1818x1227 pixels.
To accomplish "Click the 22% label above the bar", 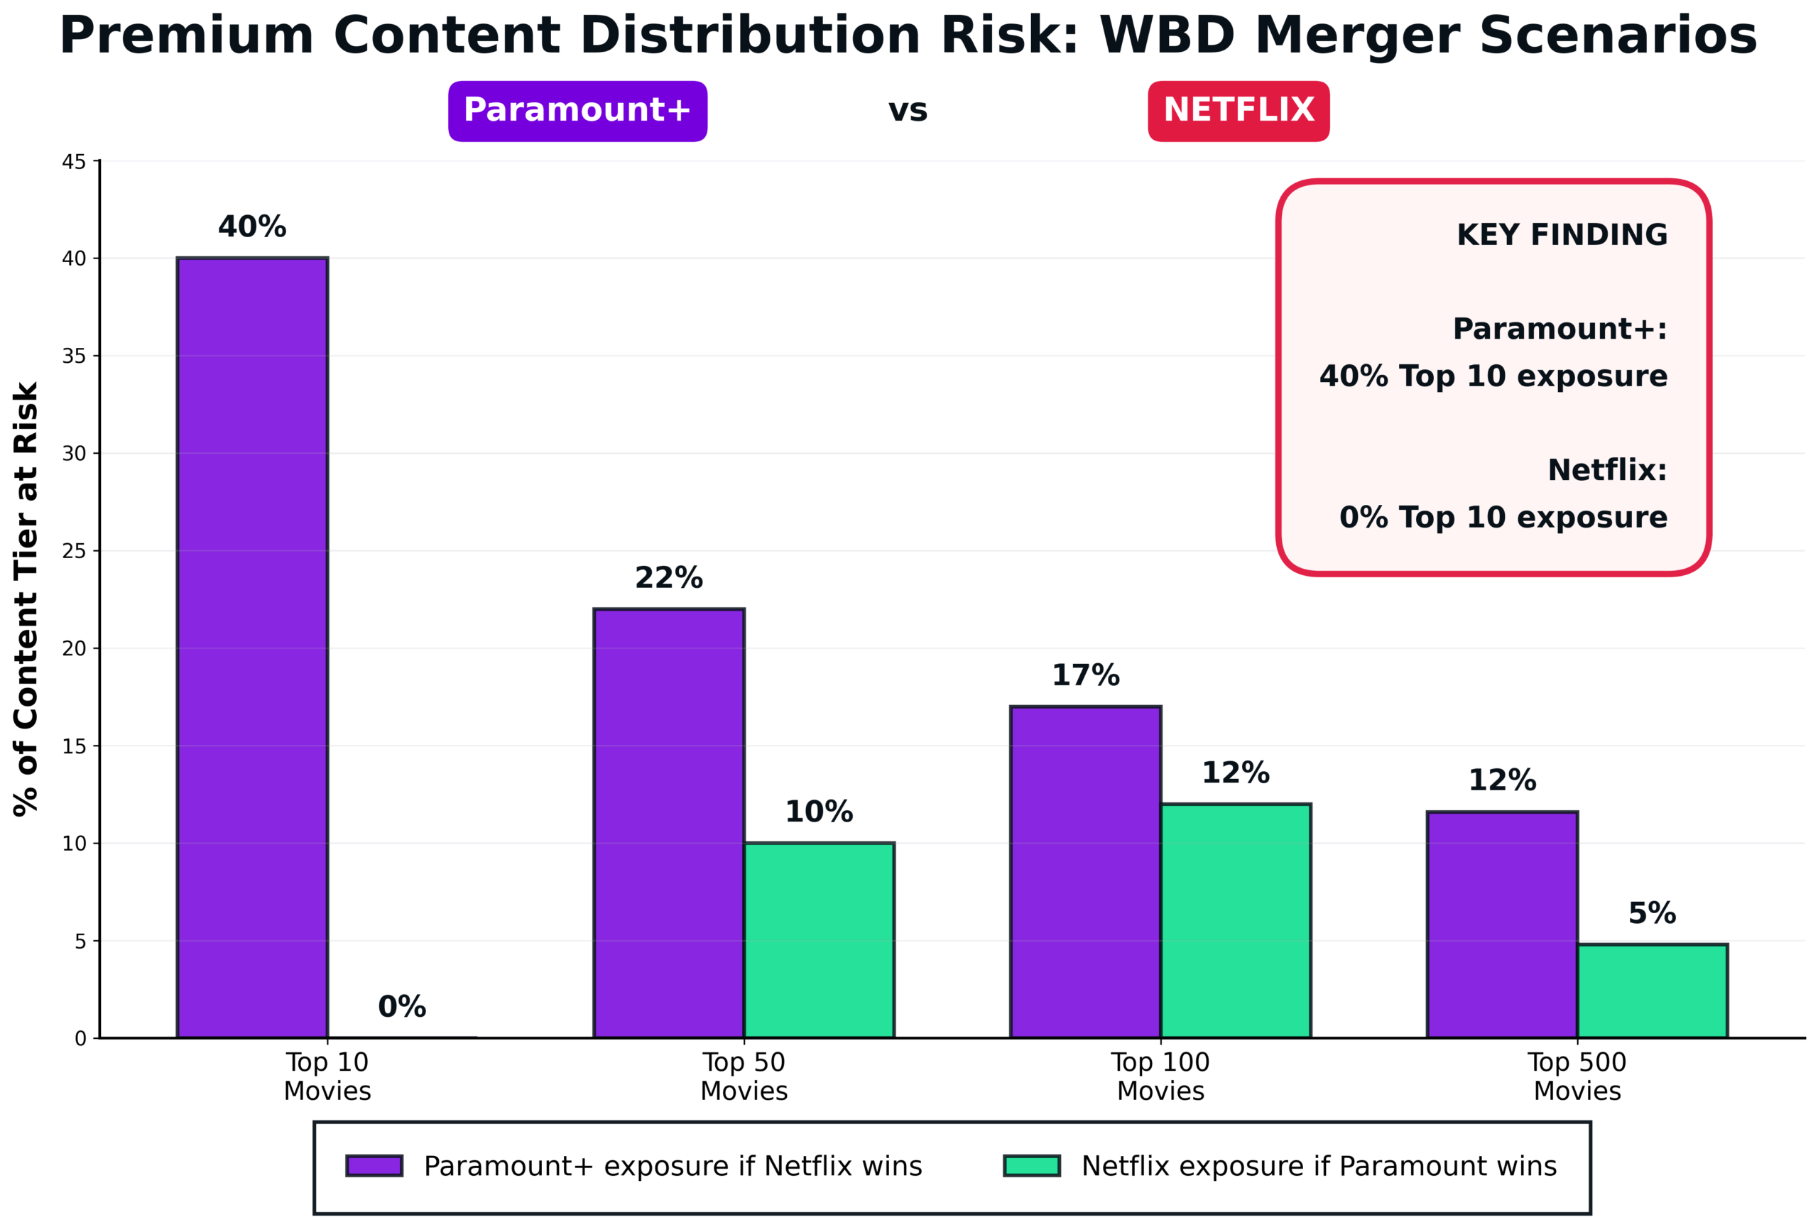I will [668, 578].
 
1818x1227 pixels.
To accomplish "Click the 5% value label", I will [1651, 912].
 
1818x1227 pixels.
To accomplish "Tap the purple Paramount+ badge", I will [577, 110].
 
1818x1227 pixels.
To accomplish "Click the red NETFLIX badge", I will [1239, 110].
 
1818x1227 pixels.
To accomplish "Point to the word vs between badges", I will [908, 110].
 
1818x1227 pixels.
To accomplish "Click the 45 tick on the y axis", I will [74, 162].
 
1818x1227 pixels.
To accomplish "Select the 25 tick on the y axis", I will [74, 551].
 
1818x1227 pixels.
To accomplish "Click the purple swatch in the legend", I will [374, 1166].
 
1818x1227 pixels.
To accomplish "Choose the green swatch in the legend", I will [1032, 1166].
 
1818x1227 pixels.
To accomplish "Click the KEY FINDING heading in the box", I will [1562, 234].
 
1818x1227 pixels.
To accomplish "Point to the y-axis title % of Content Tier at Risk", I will [26, 599].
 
